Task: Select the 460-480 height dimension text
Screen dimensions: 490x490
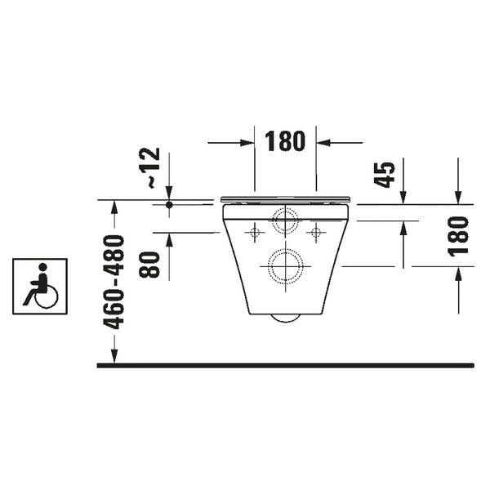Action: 116,283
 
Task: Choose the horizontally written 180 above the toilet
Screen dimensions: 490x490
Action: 286,141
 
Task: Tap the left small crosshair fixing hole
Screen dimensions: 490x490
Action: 253,233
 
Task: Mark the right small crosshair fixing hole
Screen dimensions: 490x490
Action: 315,233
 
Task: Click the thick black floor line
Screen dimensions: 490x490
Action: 286,365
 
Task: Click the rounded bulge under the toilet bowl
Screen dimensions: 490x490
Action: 284,318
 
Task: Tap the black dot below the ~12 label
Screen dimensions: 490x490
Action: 169,204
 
